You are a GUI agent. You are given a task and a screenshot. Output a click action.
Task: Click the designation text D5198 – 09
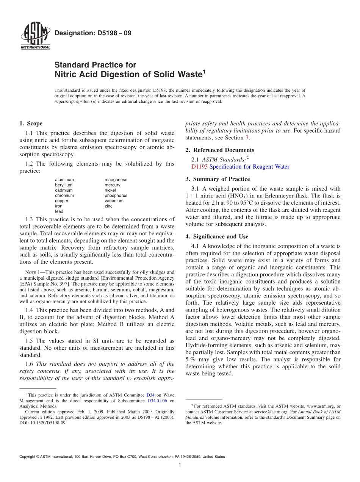click(93, 33)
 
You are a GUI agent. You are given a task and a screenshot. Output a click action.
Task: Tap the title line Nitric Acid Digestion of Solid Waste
click(130, 74)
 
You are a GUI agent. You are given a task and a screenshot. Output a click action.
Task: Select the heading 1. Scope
click(31, 124)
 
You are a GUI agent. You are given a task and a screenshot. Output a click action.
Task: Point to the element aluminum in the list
click(64, 180)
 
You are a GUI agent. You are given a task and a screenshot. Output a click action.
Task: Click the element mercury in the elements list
click(113, 185)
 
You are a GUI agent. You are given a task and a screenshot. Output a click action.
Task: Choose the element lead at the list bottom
click(59, 211)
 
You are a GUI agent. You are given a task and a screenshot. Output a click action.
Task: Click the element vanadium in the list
click(114, 201)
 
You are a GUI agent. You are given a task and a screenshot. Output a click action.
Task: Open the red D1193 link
click(199, 167)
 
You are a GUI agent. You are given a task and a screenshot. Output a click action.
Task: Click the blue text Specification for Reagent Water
click(249, 167)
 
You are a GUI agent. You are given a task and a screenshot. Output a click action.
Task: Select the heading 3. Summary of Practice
click(218, 179)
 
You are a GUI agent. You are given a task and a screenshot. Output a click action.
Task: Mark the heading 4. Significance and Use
click(217, 236)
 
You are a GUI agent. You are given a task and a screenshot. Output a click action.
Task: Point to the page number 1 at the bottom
click(180, 465)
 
